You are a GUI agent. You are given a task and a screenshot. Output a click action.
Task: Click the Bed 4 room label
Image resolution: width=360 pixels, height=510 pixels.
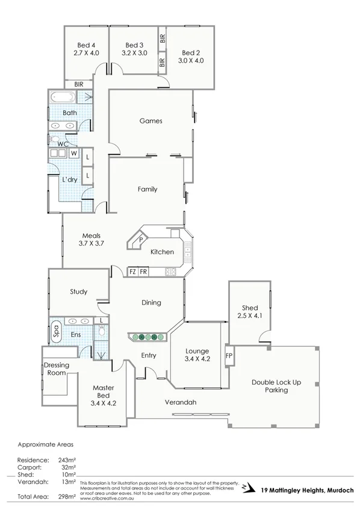click(87, 46)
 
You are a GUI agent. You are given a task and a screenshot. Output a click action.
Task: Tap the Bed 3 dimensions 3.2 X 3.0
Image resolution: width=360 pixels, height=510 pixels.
click(134, 54)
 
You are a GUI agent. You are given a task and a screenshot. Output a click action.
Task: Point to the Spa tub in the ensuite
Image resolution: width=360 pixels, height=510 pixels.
click(55, 331)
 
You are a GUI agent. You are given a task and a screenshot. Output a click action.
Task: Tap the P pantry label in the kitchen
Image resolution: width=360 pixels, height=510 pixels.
click(140, 240)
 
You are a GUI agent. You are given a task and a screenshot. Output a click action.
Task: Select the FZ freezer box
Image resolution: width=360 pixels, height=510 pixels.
click(132, 272)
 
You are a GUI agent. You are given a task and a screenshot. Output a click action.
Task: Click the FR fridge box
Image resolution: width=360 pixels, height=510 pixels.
click(143, 272)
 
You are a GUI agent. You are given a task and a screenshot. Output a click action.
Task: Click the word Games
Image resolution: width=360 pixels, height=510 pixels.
click(151, 121)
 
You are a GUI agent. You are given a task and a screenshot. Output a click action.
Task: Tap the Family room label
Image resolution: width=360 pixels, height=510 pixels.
click(147, 189)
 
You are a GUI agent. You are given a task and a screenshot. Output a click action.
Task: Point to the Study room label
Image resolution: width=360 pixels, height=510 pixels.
click(78, 292)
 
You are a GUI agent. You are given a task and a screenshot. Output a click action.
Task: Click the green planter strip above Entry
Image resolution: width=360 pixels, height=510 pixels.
click(145, 337)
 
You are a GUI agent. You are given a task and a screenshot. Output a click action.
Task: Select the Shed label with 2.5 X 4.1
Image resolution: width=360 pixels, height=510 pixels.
click(249, 311)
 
